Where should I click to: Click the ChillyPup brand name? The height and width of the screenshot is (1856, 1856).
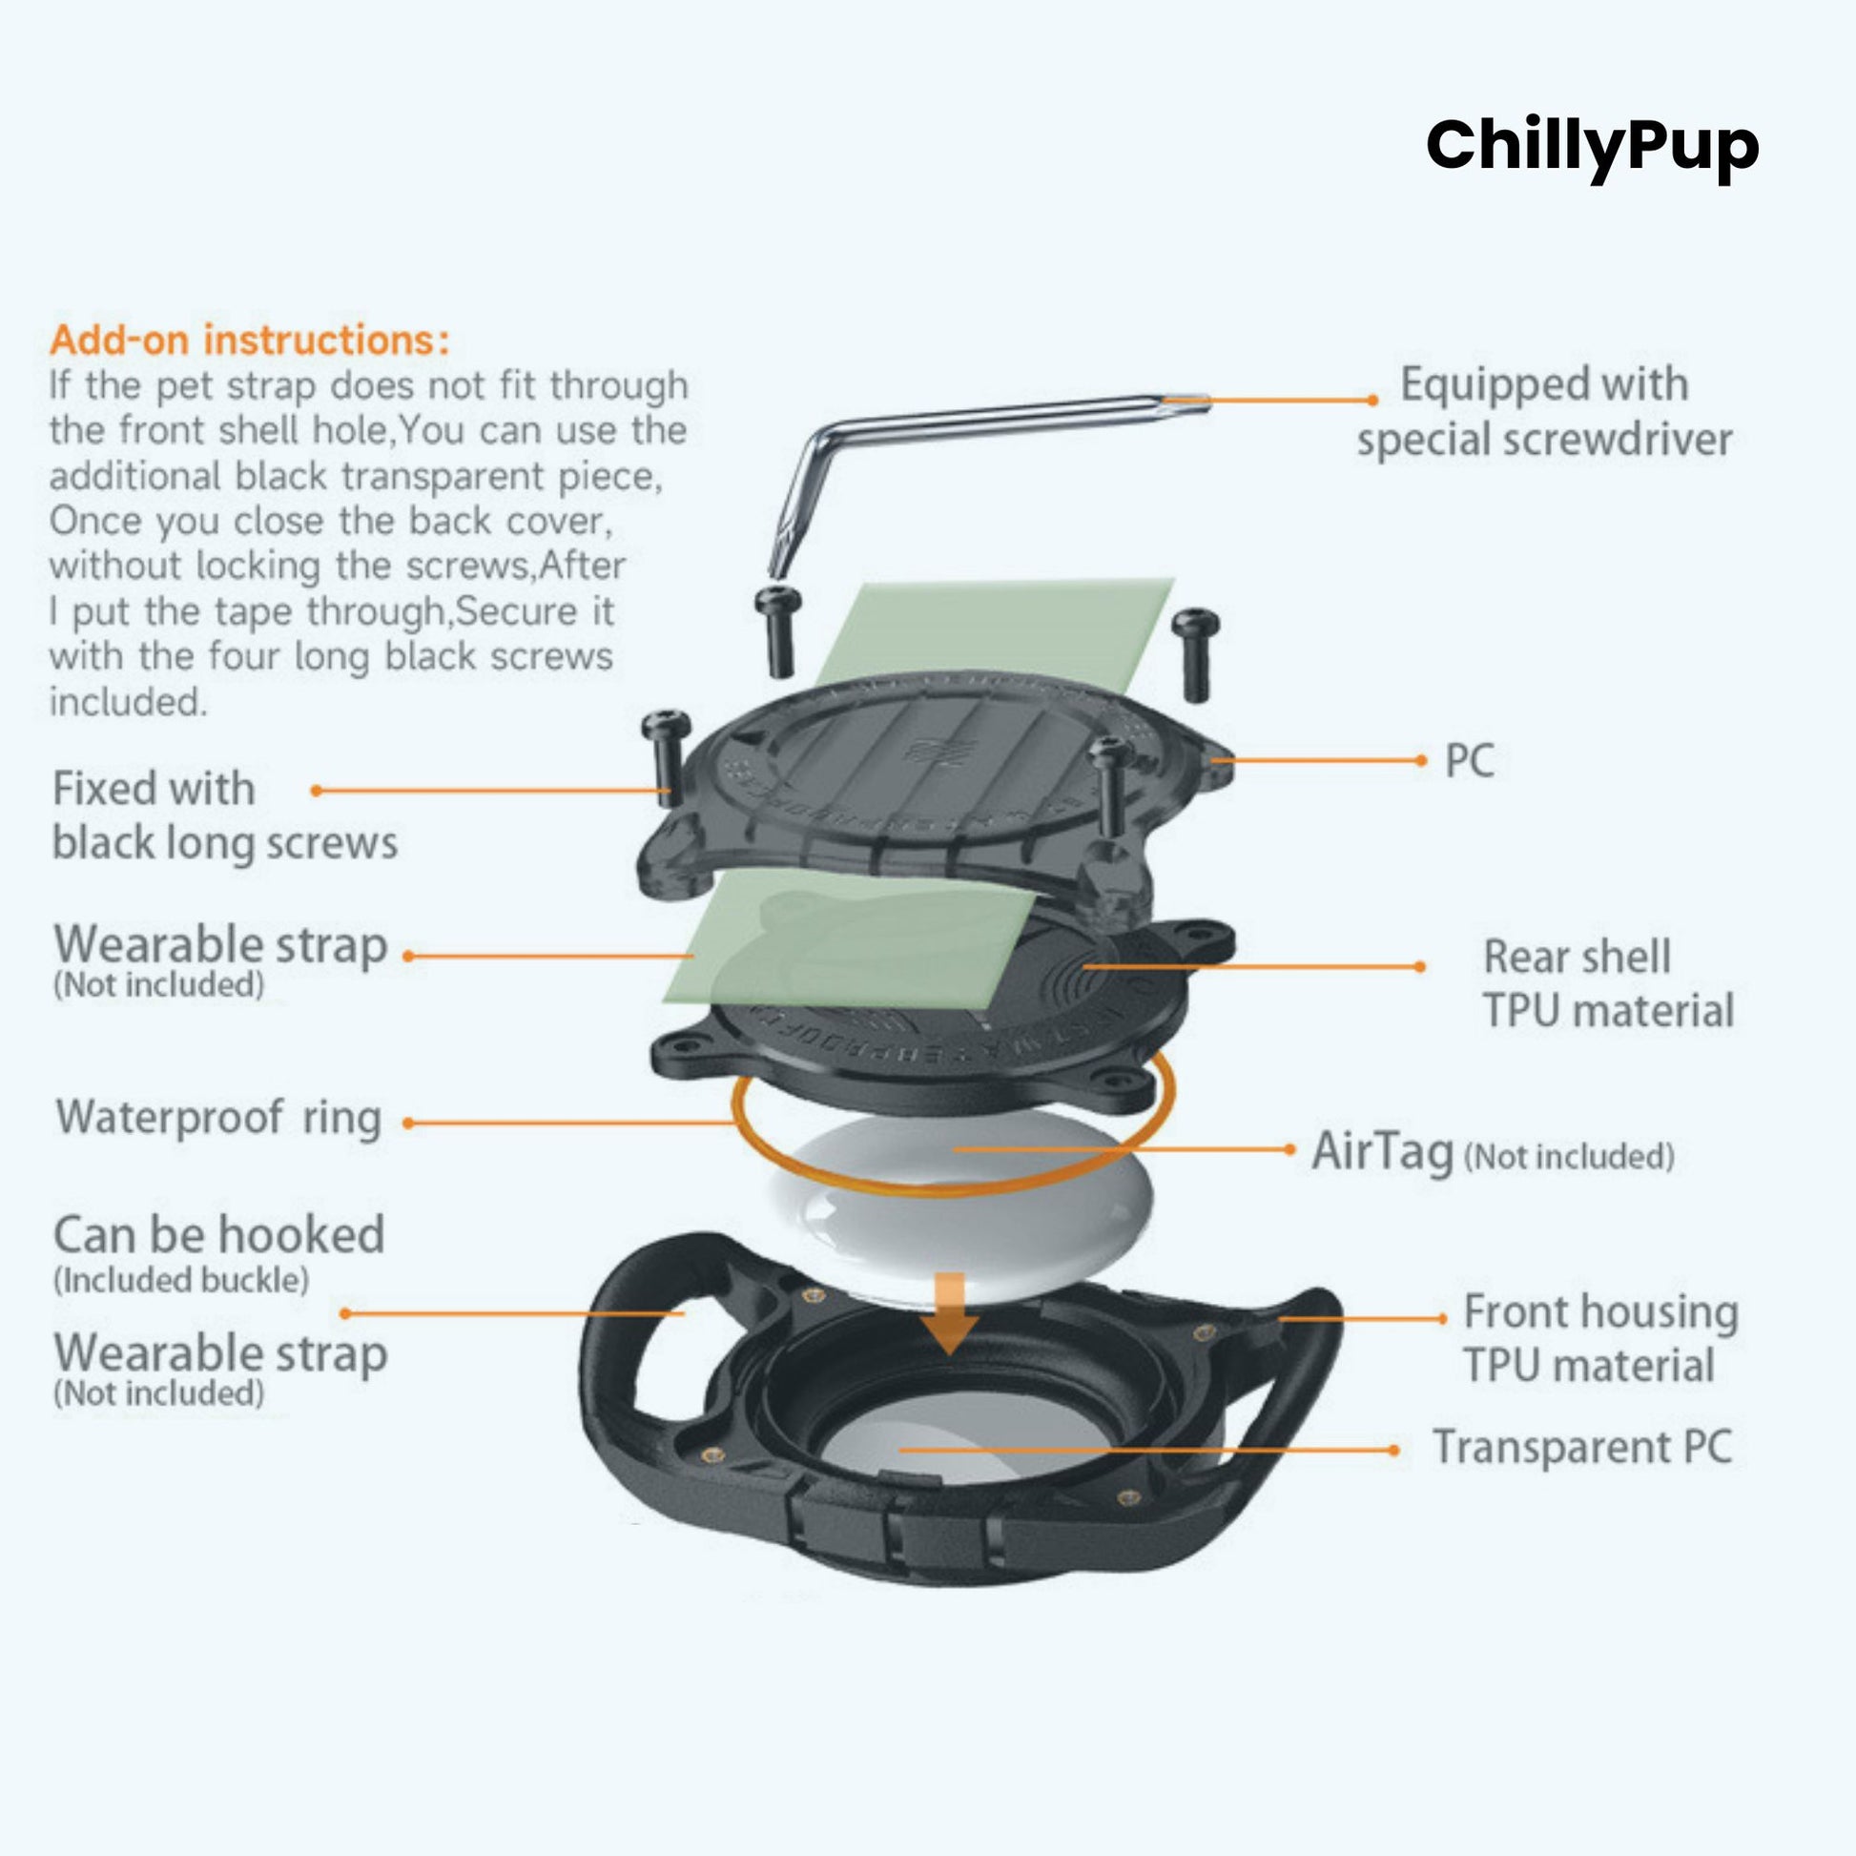(x=1592, y=146)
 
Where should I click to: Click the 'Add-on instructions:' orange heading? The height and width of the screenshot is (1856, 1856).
(x=249, y=340)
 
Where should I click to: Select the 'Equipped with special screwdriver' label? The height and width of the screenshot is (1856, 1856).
(x=1544, y=411)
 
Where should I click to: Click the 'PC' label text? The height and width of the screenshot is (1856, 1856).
(x=1469, y=761)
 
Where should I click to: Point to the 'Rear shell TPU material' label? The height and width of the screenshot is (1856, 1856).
(x=1608, y=983)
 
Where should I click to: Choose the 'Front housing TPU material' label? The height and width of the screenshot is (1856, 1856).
(x=1599, y=1338)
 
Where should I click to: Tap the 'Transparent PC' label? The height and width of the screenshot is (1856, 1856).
(x=1582, y=1447)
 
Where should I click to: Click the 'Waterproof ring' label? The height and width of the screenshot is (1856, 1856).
(x=219, y=1117)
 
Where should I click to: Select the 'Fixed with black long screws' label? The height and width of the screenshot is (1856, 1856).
(x=225, y=815)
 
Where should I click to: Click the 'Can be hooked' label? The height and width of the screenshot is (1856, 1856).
(x=219, y=1235)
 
